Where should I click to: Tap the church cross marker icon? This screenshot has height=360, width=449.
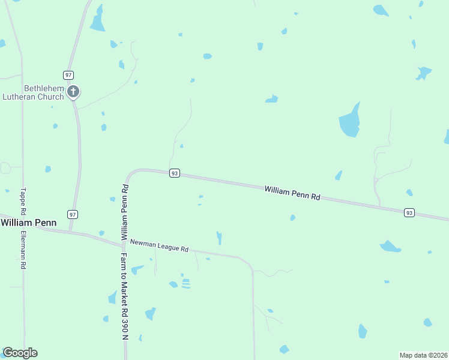coord(73,92)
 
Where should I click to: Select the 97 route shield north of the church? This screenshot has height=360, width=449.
coord(68,74)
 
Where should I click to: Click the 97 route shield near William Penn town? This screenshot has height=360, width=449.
coord(73,214)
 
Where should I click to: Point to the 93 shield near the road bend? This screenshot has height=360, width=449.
coord(174,173)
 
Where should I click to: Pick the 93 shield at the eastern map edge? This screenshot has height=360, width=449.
coord(409,212)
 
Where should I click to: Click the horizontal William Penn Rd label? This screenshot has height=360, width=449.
coord(292,192)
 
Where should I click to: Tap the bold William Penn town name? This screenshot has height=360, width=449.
coord(28,223)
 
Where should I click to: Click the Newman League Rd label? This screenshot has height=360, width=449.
coord(159,245)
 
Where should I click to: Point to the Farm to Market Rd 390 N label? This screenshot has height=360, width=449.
coord(124,296)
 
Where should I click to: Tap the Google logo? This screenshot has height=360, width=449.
coord(20,353)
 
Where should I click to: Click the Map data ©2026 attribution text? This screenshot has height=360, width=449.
coord(423,355)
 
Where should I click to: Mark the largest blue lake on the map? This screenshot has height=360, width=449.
coord(349,123)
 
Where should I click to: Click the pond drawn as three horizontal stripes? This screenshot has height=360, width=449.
coord(185,283)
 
